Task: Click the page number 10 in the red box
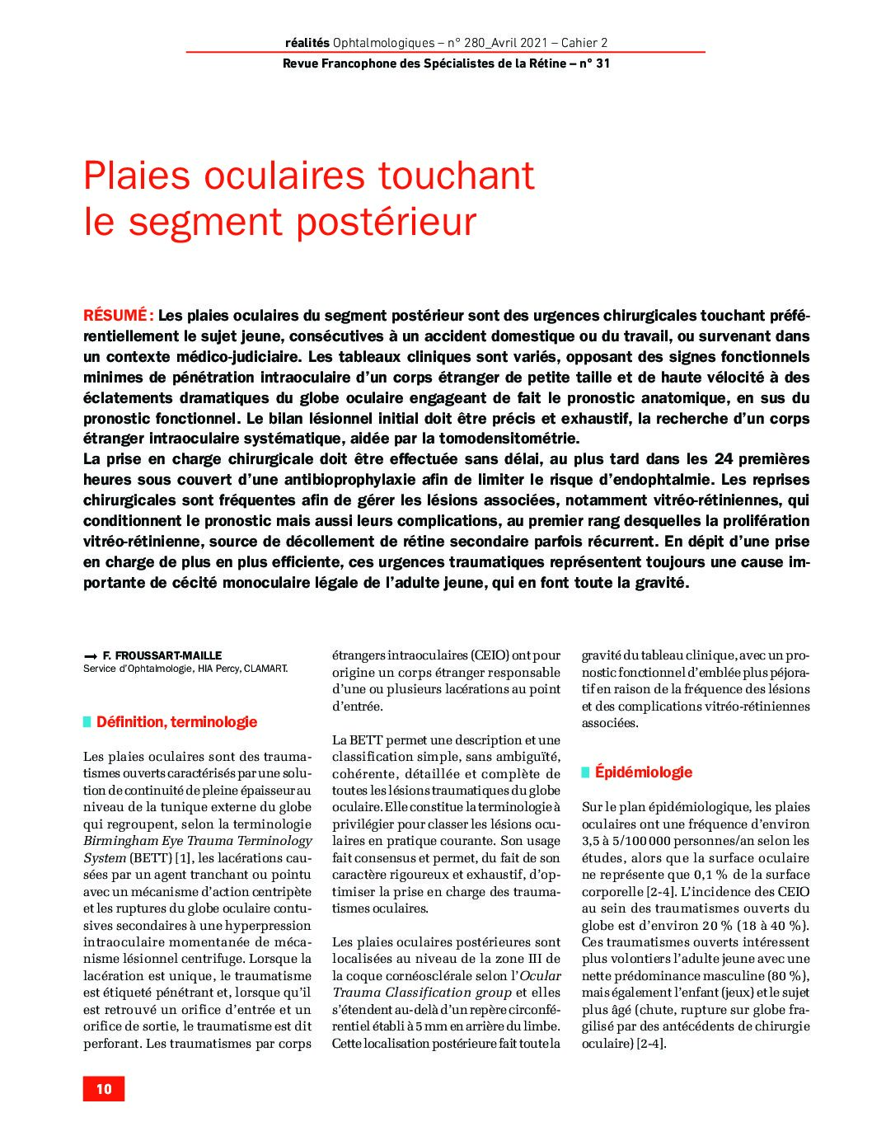click(104, 1089)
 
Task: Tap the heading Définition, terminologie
click(176, 722)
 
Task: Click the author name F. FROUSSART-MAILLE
click(162, 656)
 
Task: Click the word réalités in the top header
click(307, 43)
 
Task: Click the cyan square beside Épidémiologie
click(586, 772)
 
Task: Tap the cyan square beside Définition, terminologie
click(87, 722)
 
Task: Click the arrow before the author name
click(90, 657)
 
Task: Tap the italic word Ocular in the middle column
click(541, 976)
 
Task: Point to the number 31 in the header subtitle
click(602, 63)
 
